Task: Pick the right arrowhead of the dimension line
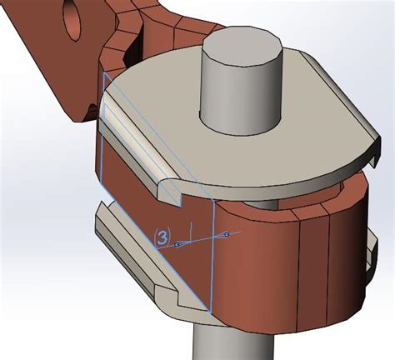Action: click(226, 236)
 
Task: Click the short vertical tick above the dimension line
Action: click(192, 229)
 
